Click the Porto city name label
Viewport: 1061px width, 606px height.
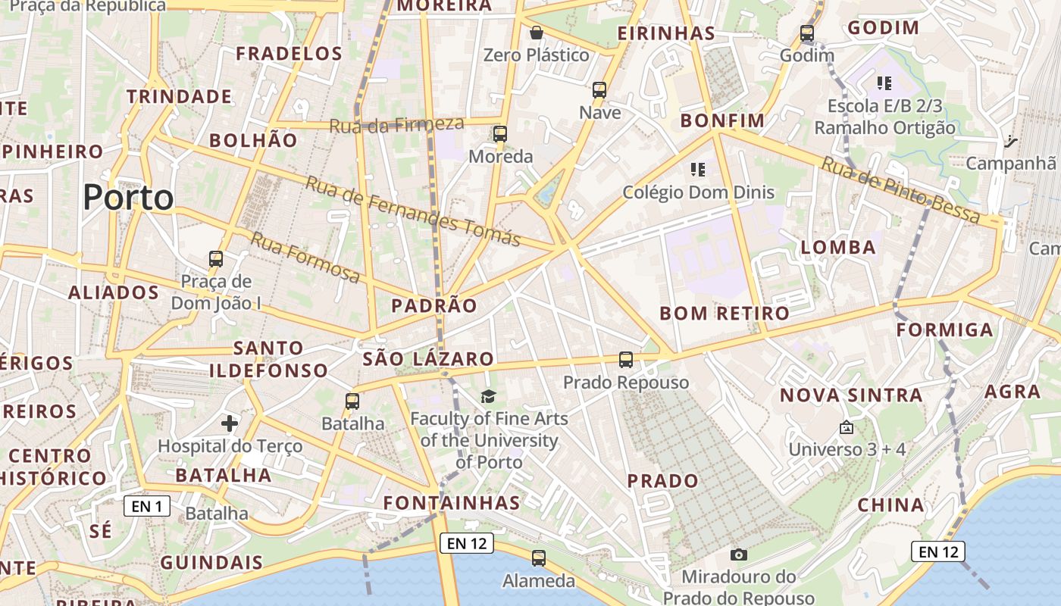(128, 198)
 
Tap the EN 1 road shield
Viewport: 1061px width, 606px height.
(147, 506)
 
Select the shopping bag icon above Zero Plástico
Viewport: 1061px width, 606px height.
(537, 33)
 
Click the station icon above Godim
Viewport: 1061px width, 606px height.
(807, 33)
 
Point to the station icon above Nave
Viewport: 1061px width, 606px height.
(599, 90)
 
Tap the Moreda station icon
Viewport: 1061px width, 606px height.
(500, 134)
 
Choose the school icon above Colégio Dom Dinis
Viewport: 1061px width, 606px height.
(698, 170)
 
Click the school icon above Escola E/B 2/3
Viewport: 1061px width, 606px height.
(884, 83)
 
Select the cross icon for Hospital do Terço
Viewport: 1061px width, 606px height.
(230, 423)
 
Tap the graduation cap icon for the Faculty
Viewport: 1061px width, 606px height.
(489, 396)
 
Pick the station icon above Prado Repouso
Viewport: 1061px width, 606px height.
(626, 360)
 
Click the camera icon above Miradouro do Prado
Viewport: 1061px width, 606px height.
(739, 554)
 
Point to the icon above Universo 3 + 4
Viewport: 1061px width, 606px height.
(847, 428)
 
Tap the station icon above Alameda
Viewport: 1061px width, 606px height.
(539, 558)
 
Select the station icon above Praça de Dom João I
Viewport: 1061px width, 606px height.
(216, 259)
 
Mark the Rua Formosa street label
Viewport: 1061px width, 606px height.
(305, 258)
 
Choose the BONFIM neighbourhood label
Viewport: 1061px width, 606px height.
(722, 121)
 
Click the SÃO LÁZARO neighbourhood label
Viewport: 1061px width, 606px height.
(428, 359)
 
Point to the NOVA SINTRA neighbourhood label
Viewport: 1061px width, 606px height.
(851, 395)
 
